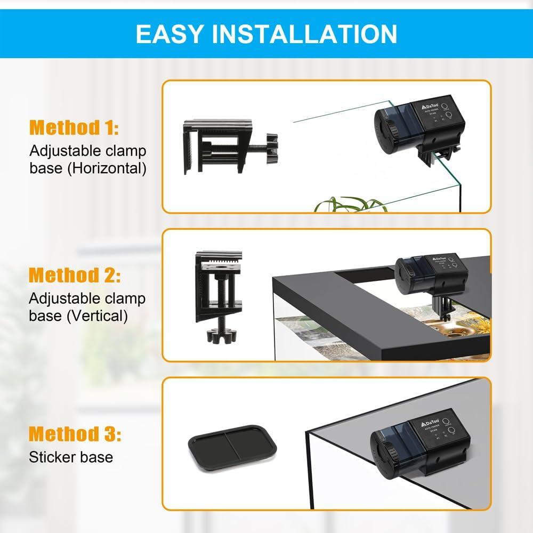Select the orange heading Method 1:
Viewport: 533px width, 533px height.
pyautogui.click(x=74, y=128)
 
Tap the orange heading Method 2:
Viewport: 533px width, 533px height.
pyautogui.click(x=75, y=276)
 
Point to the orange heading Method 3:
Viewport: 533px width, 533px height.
pyautogui.click(x=75, y=433)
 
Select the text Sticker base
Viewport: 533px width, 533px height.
pyautogui.click(x=71, y=457)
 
